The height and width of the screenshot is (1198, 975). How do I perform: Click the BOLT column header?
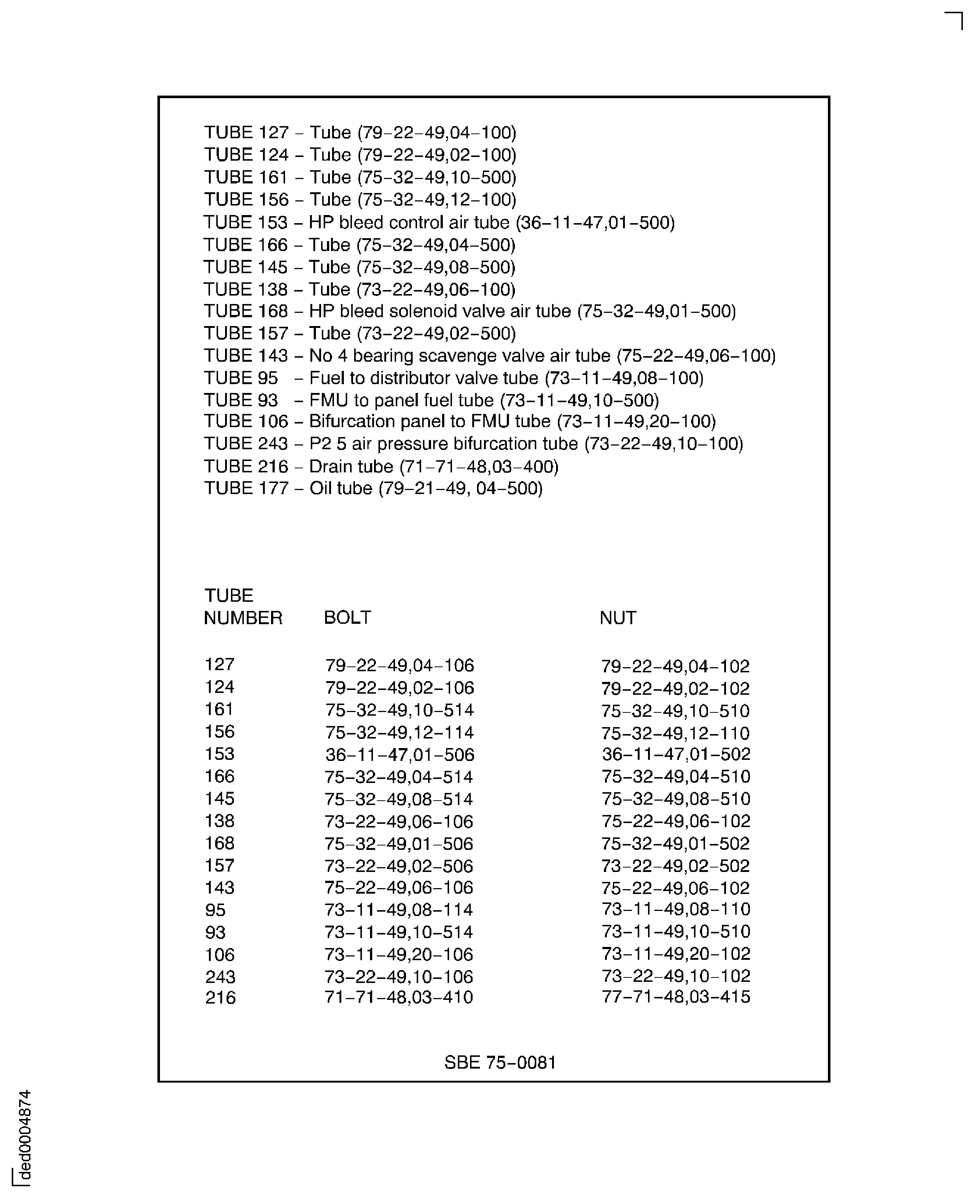347,618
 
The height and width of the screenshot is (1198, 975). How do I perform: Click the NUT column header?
618,618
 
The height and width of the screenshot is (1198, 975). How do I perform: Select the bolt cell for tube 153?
399,755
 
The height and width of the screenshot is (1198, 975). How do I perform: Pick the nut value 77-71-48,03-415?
676,997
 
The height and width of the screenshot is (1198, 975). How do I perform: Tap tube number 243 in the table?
220,977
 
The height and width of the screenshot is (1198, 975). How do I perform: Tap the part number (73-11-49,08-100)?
624,378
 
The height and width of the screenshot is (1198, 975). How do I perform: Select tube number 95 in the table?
215,910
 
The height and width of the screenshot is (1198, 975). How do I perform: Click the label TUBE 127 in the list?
246,132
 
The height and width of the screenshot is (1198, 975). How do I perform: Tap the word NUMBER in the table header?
243,618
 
